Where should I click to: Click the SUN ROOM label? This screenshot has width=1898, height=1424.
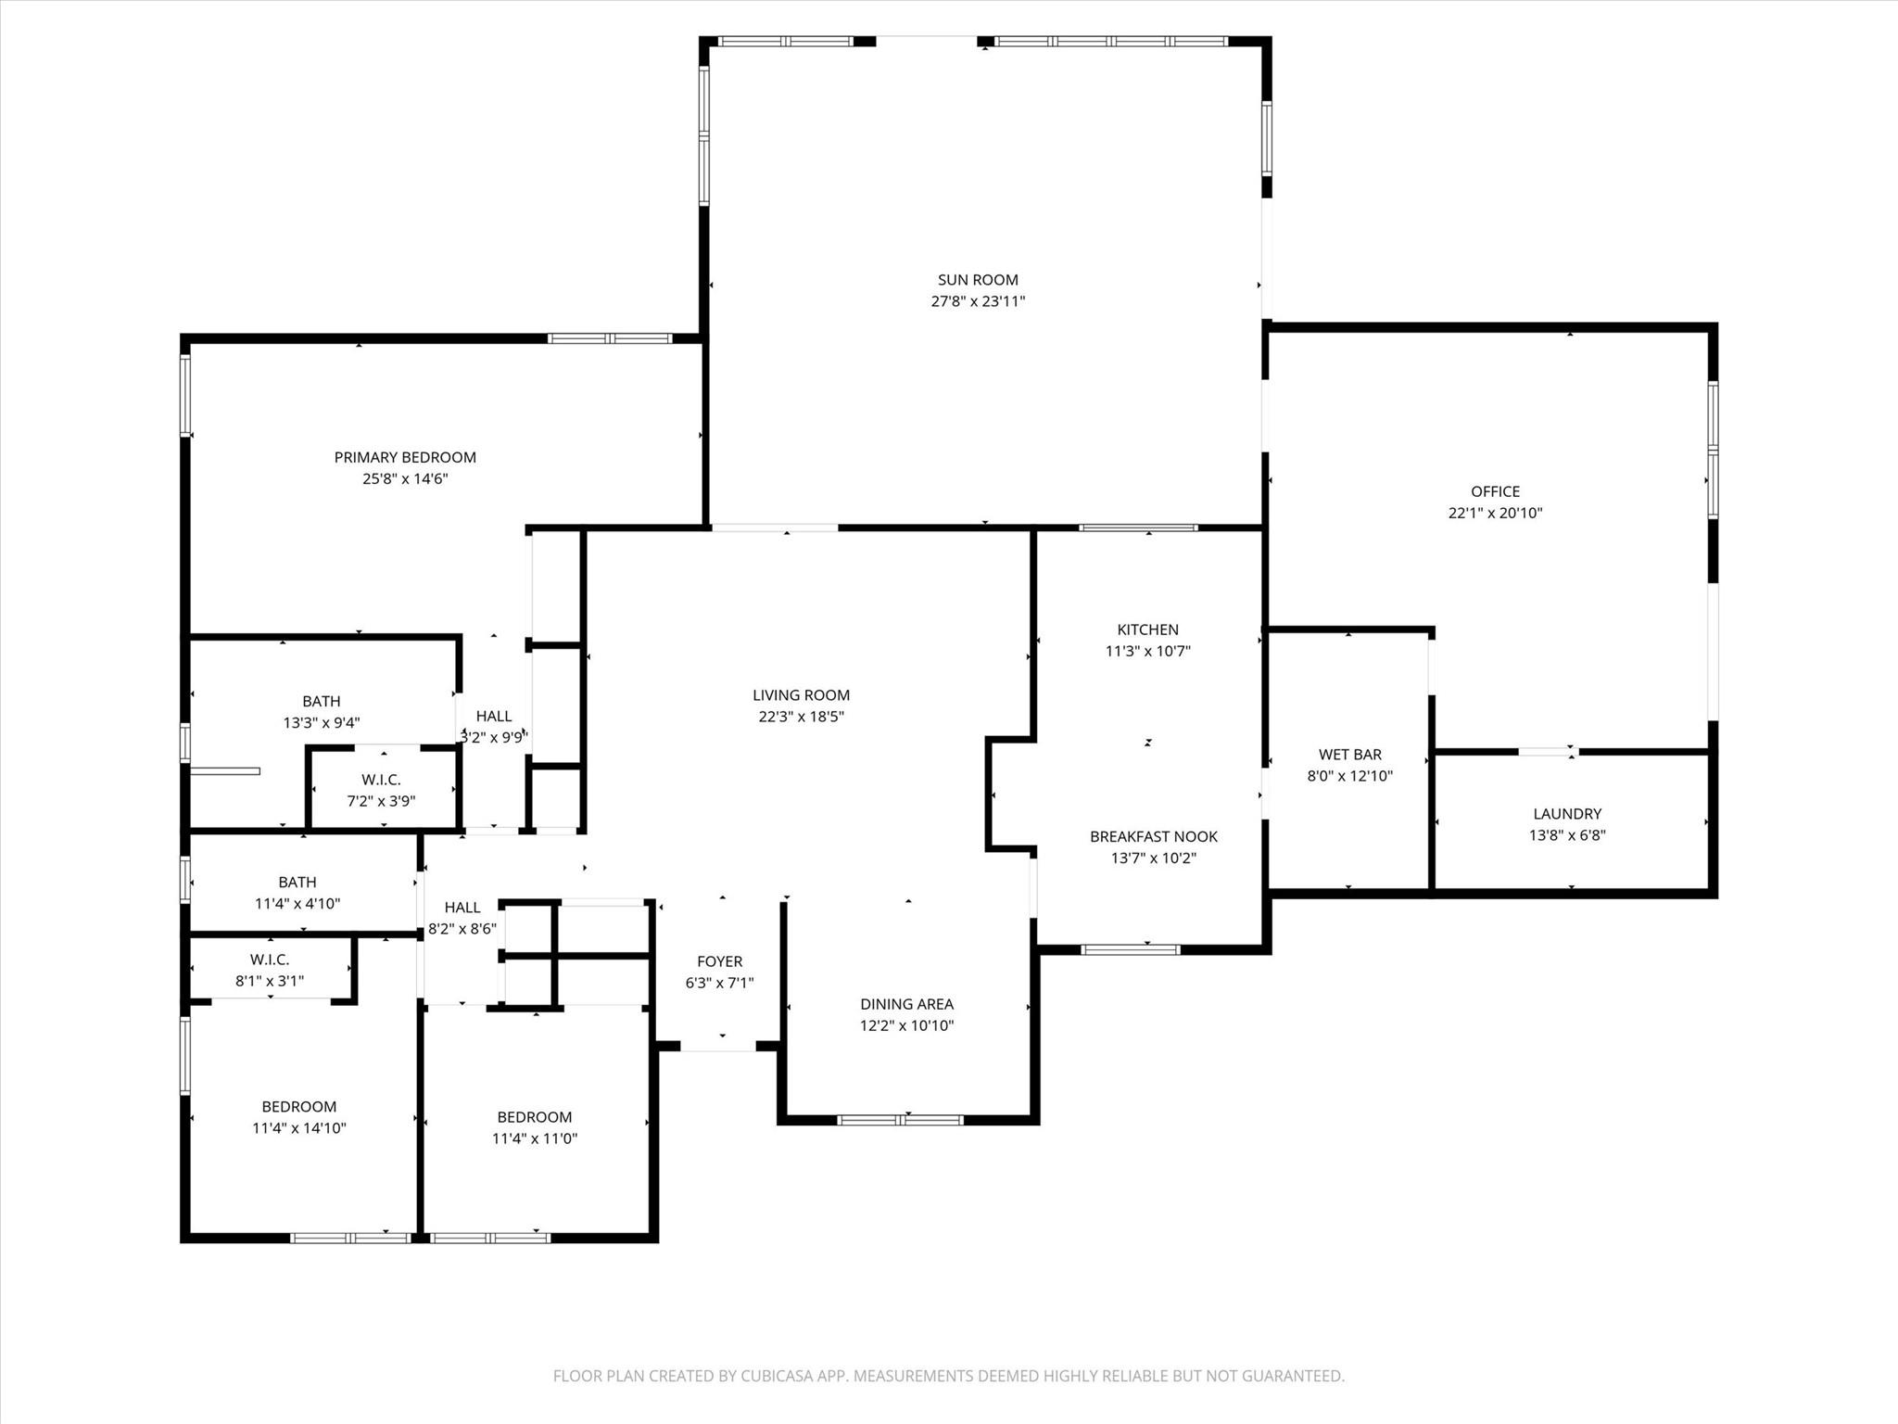tap(978, 279)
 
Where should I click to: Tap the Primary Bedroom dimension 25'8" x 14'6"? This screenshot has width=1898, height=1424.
tap(405, 479)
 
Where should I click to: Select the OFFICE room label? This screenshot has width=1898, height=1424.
tap(1495, 491)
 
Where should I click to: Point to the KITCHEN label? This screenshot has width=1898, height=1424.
tap(1147, 629)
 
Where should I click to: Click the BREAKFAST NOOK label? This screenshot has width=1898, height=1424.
tap(1153, 836)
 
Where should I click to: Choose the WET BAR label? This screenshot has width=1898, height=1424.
tap(1349, 755)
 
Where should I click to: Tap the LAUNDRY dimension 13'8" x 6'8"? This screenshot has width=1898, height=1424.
tap(1566, 835)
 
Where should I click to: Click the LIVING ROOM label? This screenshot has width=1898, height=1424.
tap(801, 695)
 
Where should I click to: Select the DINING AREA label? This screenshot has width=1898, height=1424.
tap(906, 1004)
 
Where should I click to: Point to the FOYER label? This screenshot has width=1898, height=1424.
tap(719, 961)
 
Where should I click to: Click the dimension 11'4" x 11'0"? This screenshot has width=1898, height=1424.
tap(534, 1138)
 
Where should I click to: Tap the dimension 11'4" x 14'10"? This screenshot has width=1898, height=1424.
tap(298, 1128)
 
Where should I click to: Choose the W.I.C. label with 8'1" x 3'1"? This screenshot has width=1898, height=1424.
tap(269, 960)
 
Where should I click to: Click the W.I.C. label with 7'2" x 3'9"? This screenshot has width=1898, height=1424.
tap(381, 780)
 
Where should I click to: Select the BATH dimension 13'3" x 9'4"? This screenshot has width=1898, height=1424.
tap(321, 723)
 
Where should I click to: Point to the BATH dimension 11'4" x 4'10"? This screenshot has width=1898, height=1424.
tap(297, 904)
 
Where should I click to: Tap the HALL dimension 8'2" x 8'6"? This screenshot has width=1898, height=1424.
tap(462, 929)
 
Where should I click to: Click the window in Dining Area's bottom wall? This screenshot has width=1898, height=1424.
tap(900, 1120)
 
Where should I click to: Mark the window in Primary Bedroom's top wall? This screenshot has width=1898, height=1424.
tap(610, 338)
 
